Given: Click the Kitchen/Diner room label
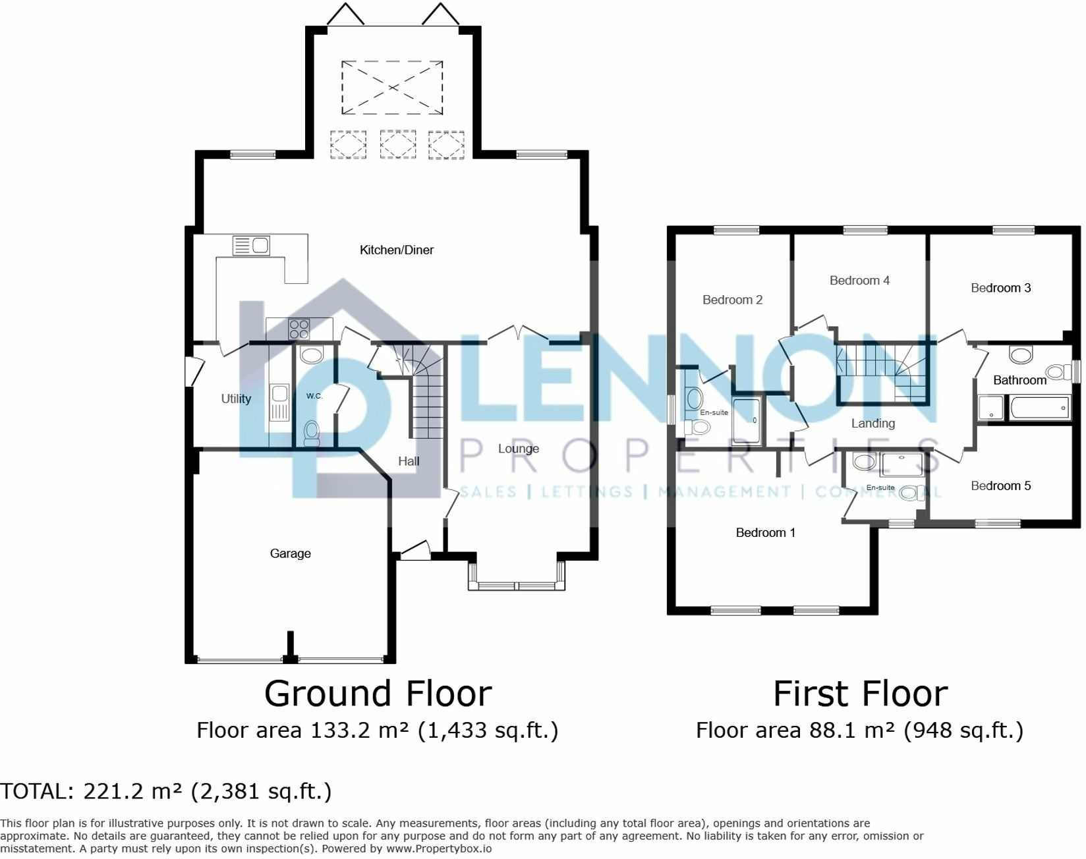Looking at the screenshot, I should click(x=396, y=250).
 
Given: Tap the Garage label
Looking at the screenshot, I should click(x=290, y=553).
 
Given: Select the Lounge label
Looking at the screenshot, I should click(x=518, y=449).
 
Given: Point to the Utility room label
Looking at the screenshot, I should click(x=236, y=399).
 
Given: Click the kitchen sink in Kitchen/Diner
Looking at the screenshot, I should click(x=251, y=246).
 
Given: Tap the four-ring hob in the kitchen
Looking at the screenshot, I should click(x=299, y=329).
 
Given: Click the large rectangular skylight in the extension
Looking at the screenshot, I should click(x=392, y=87).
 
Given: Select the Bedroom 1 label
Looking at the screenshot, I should click(x=765, y=532).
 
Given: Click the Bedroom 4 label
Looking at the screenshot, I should click(x=859, y=281).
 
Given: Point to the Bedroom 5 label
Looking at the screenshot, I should click(x=1000, y=486).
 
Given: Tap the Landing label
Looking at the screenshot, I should click(x=872, y=424).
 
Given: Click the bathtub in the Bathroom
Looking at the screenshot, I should click(x=1039, y=408).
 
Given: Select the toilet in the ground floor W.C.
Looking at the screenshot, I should click(x=312, y=433).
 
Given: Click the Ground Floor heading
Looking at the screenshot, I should click(x=378, y=694).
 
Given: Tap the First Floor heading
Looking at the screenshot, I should click(x=860, y=694).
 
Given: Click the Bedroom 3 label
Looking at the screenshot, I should click(x=1000, y=288).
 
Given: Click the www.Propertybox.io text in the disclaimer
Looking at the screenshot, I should click(x=439, y=848).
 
